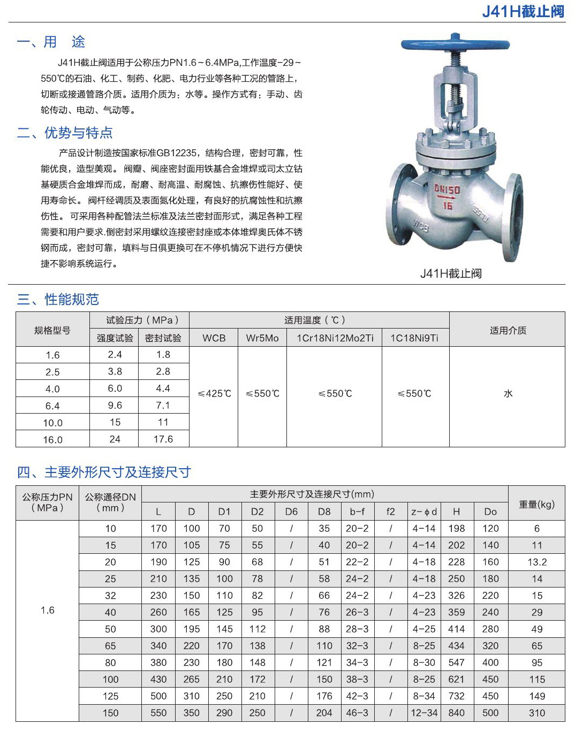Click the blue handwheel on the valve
click(x=455, y=44)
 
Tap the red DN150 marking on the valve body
click(x=447, y=189)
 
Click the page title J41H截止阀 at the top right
click(x=523, y=11)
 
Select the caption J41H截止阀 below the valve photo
click(x=451, y=273)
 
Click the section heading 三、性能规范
click(x=58, y=299)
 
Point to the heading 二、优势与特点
click(x=65, y=133)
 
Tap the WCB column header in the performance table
click(x=214, y=338)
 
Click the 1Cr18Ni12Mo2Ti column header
click(x=335, y=338)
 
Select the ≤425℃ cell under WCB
click(x=214, y=394)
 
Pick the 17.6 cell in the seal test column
click(x=163, y=439)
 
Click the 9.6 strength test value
click(x=115, y=406)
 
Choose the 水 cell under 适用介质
click(x=508, y=394)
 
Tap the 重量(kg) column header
click(x=536, y=504)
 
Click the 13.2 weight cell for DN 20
click(x=537, y=562)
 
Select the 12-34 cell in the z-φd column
click(x=424, y=713)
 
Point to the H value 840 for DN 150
click(x=456, y=713)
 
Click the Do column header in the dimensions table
click(x=490, y=512)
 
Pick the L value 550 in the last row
click(x=158, y=713)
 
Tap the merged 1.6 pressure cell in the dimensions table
click(x=47, y=610)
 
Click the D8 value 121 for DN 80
click(x=324, y=662)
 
